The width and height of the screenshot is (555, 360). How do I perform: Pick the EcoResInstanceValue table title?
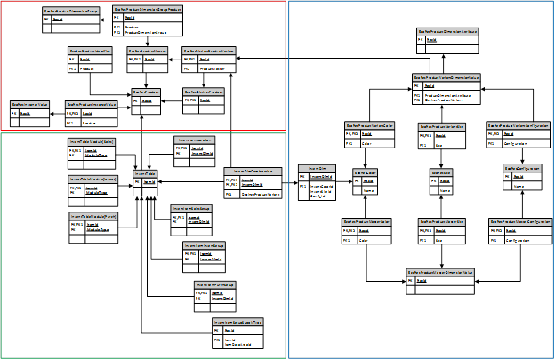(x=28, y=104)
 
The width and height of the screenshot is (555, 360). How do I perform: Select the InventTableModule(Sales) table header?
(x=92, y=141)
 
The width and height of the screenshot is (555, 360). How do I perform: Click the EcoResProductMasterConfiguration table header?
(x=520, y=221)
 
